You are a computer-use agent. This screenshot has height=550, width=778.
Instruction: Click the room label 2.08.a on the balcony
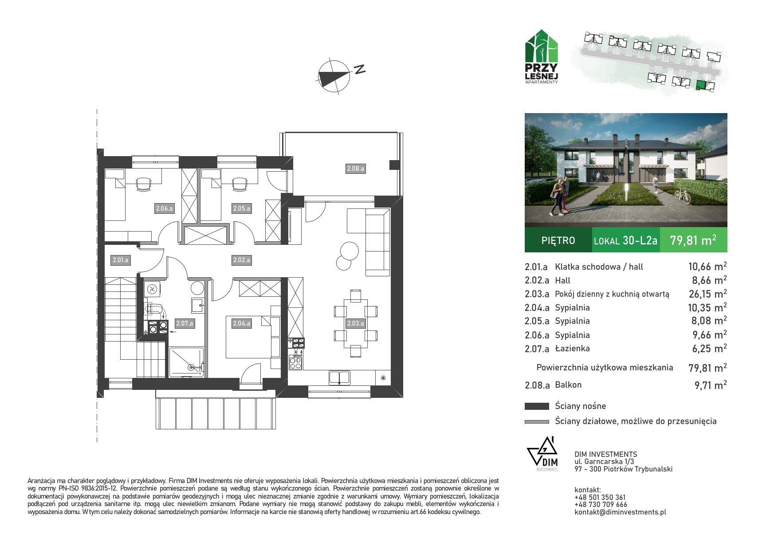(355, 169)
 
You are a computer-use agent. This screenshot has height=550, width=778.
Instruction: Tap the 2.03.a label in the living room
(355, 323)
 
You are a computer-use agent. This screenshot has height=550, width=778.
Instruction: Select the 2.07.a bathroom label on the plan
(185, 323)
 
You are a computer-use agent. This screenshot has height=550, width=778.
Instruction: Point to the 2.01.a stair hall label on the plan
(120, 260)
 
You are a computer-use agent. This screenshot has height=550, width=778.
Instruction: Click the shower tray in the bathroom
(187, 362)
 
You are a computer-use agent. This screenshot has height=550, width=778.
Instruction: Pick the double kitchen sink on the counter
(339, 377)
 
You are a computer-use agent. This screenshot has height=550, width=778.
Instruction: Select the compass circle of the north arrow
(334, 77)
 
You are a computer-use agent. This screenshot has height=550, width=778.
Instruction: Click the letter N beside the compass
(360, 69)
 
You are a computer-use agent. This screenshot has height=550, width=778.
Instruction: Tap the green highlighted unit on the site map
(700, 85)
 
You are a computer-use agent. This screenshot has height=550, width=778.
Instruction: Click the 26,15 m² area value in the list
(707, 294)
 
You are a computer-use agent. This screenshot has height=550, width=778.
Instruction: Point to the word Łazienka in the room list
(572, 349)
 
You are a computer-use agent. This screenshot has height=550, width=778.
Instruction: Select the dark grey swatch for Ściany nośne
(537, 406)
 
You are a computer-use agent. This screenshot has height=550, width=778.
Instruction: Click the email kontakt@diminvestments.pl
(620, 512)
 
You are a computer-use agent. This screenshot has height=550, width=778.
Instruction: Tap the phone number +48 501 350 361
(600, 497)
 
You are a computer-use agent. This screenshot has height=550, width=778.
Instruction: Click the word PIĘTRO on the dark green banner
(558, 240)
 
